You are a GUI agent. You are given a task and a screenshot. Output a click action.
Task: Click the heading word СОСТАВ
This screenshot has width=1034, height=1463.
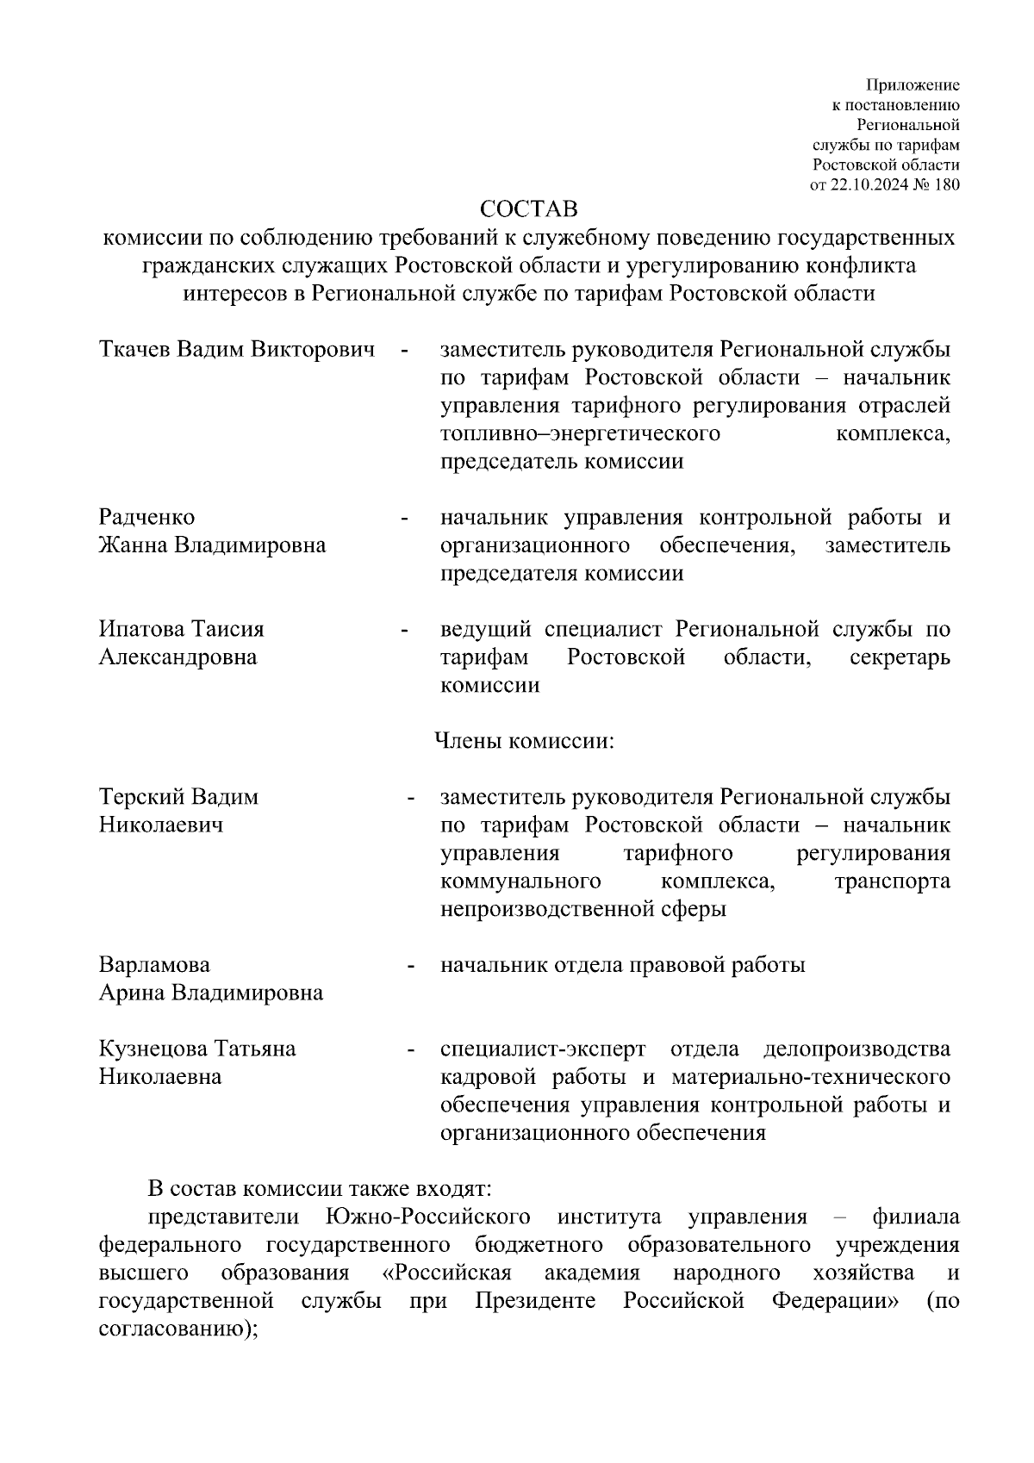point(527,210)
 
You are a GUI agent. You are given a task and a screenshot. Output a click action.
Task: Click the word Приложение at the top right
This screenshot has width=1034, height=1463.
point(912,85)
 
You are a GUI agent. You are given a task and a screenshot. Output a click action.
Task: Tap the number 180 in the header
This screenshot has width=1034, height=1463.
point(945,184)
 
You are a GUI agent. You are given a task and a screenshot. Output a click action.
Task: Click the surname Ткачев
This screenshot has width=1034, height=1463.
point(135,350)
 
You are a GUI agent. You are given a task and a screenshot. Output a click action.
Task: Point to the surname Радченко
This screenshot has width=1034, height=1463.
point(147,517)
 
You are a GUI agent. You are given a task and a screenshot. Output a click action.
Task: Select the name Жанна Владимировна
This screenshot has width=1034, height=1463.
point(212,545)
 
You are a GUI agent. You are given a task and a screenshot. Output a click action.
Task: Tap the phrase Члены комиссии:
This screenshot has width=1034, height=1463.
point(523,741)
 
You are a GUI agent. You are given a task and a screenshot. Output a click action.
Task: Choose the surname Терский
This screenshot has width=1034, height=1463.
point(141,797)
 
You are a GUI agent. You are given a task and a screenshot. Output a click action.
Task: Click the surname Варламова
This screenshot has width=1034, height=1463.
point(154,965)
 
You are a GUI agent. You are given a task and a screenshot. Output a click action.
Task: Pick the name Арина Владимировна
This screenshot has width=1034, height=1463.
point(211,993)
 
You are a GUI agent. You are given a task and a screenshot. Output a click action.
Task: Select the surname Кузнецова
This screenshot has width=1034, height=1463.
point(152,1049)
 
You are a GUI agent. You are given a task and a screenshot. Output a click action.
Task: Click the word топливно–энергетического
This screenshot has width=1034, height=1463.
point(580,433)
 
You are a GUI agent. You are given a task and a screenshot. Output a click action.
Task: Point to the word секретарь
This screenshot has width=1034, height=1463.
point(899,657)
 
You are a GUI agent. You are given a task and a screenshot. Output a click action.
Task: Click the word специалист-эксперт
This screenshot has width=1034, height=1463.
point(543,1049)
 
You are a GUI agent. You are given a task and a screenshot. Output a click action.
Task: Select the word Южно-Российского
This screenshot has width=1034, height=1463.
point(428,1217)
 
